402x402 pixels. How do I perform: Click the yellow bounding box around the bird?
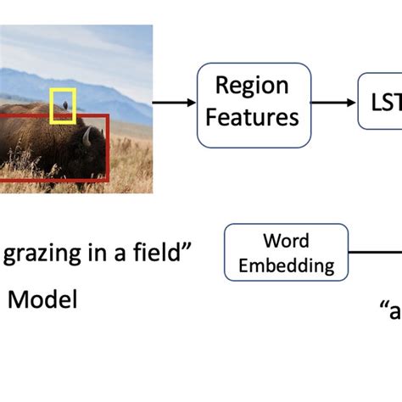(x=64, y=89)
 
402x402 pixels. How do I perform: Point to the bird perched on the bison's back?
(x=61, y=103)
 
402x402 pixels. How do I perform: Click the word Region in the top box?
(x=252, y=86)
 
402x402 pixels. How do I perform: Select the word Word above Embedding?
(x=285, y=243)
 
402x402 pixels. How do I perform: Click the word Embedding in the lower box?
(x=286, y=265)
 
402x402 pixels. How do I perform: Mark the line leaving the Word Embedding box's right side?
(x=374, y=253)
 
